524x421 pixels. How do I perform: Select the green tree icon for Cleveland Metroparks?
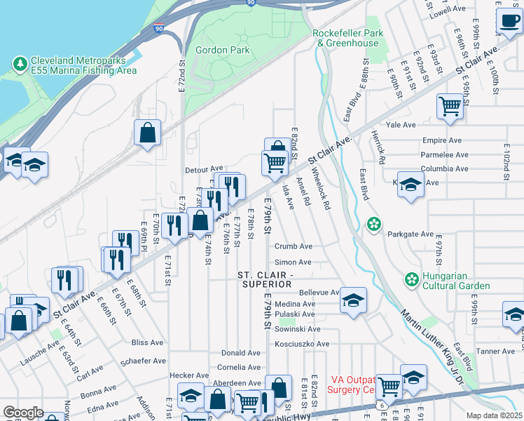pyautogui.click(x=20, y=65)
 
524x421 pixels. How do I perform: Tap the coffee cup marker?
pyautogui.click(x=507, y=21)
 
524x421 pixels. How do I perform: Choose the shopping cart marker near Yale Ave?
pyautogui.click(x=450, y=107)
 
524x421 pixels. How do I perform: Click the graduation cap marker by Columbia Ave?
pyautogui.click(x=411, y=185)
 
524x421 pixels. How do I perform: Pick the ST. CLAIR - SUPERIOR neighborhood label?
pyautogui.click(x=265, y=279)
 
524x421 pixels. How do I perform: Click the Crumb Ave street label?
pyautogui.click(x=294, y=246)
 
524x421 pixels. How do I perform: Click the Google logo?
pyautogui.click(x=23, y=413)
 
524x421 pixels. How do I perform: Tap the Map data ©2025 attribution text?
pyautogui.click(x=495, y=415)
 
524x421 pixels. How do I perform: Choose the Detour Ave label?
pyautogui.click(x=204, y=169)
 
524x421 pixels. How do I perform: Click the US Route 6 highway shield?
pyautogui.click(x=380, y=406)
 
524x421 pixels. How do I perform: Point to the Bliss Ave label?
pyautogui.click(x=147, y=342)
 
